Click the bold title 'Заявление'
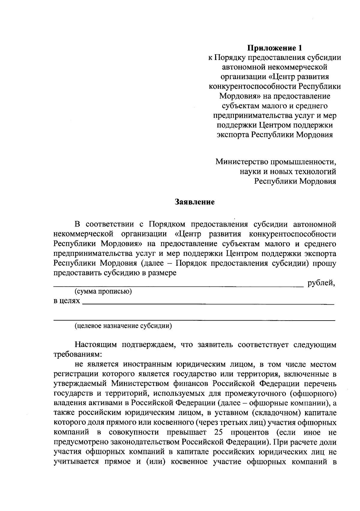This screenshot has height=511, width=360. click(x=195, y=202)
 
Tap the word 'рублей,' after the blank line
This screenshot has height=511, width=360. click(x=321, y=282)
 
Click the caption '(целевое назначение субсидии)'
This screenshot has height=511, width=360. click(x=123, y=326)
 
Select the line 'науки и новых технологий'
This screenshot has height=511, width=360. click(x=288, y=172)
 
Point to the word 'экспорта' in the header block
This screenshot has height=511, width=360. click(x=233, y=135)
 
